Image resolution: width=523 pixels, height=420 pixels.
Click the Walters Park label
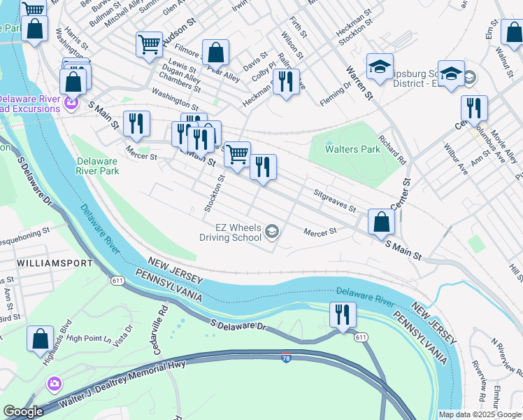352,149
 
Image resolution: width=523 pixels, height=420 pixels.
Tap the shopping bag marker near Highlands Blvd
41,339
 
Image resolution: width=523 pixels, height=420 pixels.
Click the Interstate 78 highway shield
287,358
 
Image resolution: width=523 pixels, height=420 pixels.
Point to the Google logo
23,412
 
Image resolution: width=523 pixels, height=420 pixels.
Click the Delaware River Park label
97,165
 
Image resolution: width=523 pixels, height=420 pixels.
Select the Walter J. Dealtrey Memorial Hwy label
117,389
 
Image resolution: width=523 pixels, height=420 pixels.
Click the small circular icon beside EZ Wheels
272,232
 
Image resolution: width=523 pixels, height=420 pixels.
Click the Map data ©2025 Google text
480,414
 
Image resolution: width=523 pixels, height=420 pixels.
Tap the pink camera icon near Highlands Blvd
53,384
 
